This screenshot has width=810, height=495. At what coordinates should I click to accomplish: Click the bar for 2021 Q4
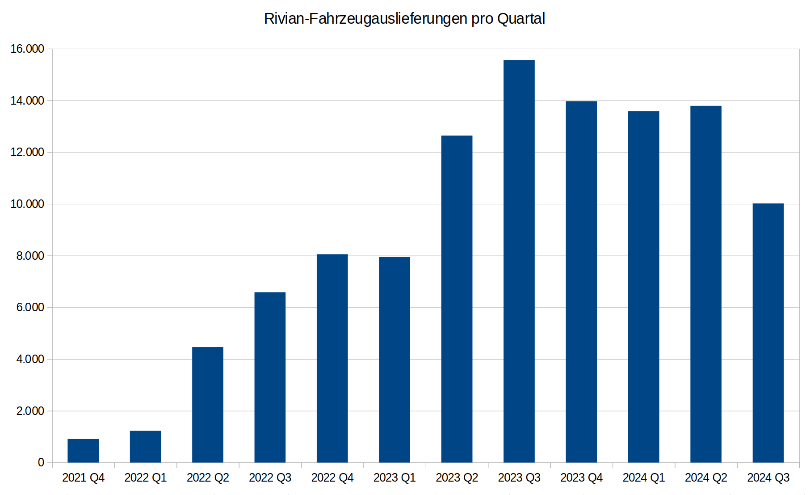(83, 451)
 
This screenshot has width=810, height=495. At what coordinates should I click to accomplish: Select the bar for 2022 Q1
(145, 447)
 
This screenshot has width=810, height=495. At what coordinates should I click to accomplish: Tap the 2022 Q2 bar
(208, 405)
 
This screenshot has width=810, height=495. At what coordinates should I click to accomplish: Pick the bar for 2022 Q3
(270, 377)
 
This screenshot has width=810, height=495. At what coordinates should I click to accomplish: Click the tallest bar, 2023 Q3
(519, 261)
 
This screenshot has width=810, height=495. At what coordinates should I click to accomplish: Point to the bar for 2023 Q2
(457, 299)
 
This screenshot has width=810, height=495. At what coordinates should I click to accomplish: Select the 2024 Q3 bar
(768, 333)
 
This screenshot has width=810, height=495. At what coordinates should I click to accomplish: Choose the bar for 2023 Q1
(395, 360)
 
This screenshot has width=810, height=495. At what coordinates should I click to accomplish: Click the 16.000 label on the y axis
(28, 49)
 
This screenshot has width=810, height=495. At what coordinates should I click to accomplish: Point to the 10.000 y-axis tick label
(28, 204)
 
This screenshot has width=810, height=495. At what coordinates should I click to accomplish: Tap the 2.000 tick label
(30, 411)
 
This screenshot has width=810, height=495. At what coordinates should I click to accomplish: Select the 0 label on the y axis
(41, 463)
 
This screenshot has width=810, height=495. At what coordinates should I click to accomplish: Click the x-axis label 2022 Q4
(332, 478)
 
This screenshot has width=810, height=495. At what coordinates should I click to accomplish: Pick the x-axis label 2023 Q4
(582, 478)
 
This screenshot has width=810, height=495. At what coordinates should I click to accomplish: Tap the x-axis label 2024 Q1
(644, 478)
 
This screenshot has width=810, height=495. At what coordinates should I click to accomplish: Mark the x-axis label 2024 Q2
(706, 478)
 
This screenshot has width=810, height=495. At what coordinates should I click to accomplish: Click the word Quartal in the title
(521, 19)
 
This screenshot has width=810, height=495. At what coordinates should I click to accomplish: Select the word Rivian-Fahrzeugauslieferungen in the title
(365, 19)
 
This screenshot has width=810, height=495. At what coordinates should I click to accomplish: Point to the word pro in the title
(482, 21)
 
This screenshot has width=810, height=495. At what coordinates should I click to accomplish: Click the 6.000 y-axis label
(30, 307)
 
